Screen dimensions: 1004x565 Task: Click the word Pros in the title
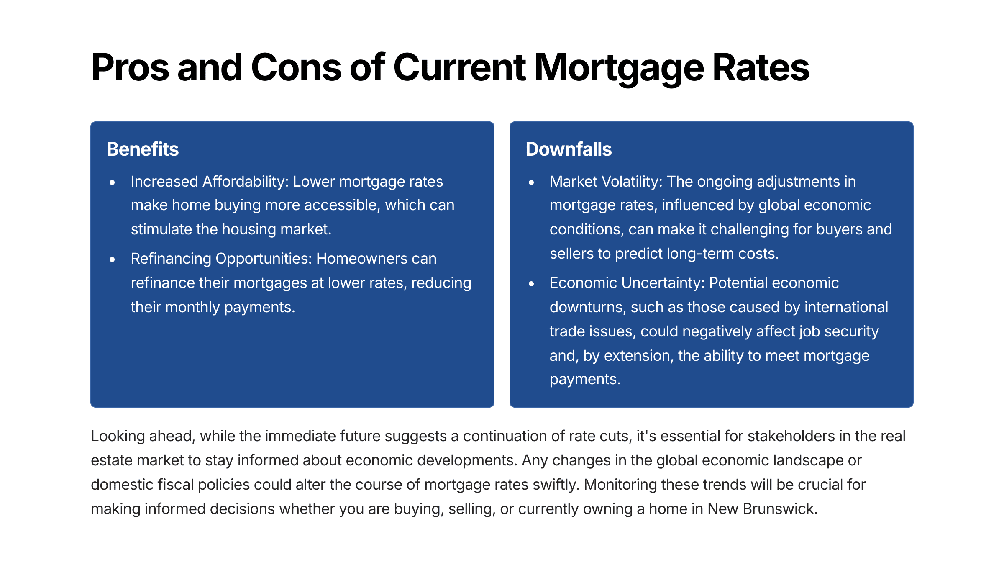pos(130,67)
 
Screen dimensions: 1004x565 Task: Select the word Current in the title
pos(459,67)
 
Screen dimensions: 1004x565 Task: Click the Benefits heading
pos(143,149)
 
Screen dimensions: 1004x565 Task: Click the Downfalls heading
pos(569,149)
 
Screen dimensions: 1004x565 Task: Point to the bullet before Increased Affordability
pos(112,182)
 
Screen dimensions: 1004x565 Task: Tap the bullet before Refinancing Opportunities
pos(112,259)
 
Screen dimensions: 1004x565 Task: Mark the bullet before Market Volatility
pos(531,182)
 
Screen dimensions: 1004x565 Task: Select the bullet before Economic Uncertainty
pos(531,283)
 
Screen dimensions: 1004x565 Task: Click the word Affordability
pos(246,182)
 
